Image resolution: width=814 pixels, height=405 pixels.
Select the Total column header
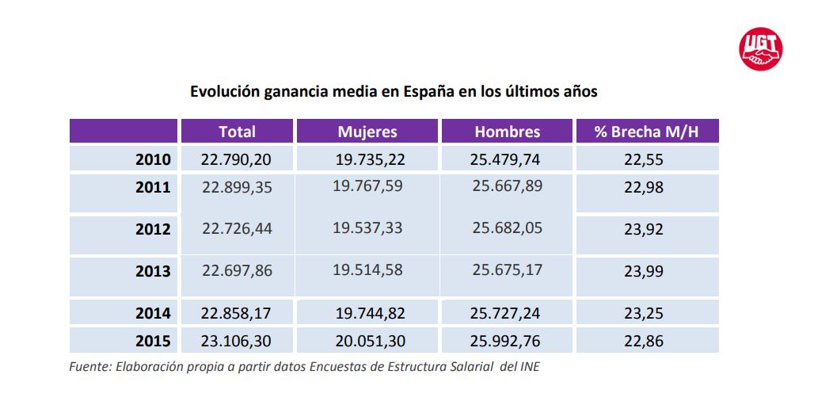pyautogui.click(x=237, y=132)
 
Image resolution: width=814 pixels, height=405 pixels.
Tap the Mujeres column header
pyautogui.click(x=367, y=132)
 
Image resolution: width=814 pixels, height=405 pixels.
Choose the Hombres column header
pyautogui.click(x=507, y=132)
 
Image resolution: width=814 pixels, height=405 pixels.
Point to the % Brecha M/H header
pyautogui.click(x=647, y=132)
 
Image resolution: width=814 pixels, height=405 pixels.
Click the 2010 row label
pyautogui.click(x=153, y=159)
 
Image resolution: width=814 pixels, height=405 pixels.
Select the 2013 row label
pyautogui.click(x=153, y=271)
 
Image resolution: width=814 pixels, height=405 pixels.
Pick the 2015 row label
pyautogui.click(x=153, y=342)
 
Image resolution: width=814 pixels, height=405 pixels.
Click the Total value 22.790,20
pyautogui.click(x=237, y=159)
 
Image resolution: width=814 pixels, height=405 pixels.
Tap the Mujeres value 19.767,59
pyautogui.click(x=367, y=187)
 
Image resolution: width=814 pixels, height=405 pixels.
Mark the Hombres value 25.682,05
pyautogui.click(x=508, y=228)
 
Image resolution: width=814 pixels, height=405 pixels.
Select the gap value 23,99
pyautogui.click(x=643, y=271)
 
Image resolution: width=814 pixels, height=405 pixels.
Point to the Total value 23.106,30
pyautogui.click(x=237, y=342)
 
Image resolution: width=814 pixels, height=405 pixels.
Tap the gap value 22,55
pyautogui.click(x=643, y=159)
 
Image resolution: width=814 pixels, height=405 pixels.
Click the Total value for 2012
pyautogui.click(x=237, y=228)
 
